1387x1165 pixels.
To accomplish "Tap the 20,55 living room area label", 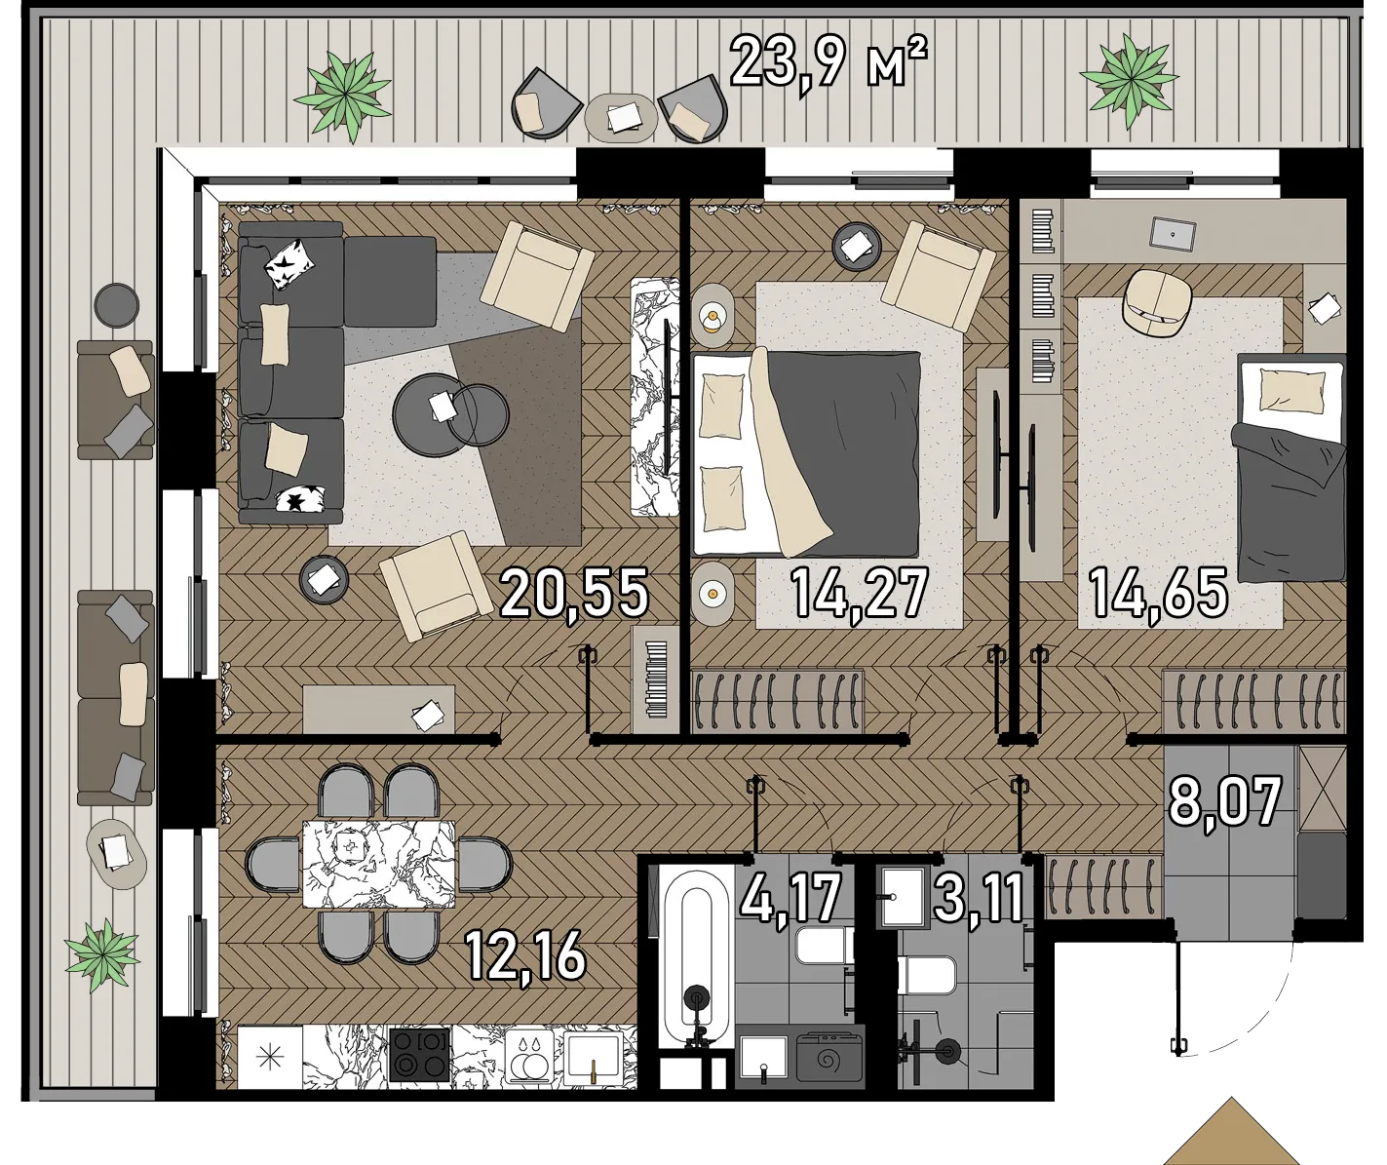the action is click(574, 594).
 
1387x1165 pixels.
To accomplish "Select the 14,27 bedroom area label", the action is click(859, 594).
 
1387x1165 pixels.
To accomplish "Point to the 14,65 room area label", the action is click(1158, 594).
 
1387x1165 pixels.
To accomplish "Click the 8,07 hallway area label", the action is click(1225, 802).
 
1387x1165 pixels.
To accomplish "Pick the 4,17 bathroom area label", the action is click(790, 898).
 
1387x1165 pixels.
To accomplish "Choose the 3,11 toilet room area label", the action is click(979, 898).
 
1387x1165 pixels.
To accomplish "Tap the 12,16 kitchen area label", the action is click(524, 955).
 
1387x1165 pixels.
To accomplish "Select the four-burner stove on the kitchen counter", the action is click(420, 1055).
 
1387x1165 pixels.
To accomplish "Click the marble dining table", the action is click(378, 864).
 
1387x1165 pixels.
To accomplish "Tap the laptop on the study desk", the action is click(1173, 234).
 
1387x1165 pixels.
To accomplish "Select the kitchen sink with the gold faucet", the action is click(594, 1058).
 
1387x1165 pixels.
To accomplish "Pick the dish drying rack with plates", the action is click(529, 1058).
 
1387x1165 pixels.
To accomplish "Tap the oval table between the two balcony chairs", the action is click(621, 118).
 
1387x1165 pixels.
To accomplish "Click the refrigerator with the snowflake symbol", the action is click(270, 1058).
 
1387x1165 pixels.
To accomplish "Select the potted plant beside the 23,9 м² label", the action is click(1130, 80).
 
